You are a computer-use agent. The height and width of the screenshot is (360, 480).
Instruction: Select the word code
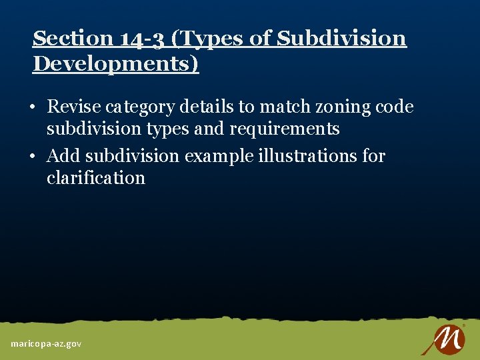(x=395, y=107)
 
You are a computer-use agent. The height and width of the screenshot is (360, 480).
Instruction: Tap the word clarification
(x=95, y=178)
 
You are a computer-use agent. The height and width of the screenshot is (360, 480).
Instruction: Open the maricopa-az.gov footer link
(x=46, y=343)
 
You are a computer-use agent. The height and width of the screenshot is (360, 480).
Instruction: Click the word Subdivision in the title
(x=341, y=39)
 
